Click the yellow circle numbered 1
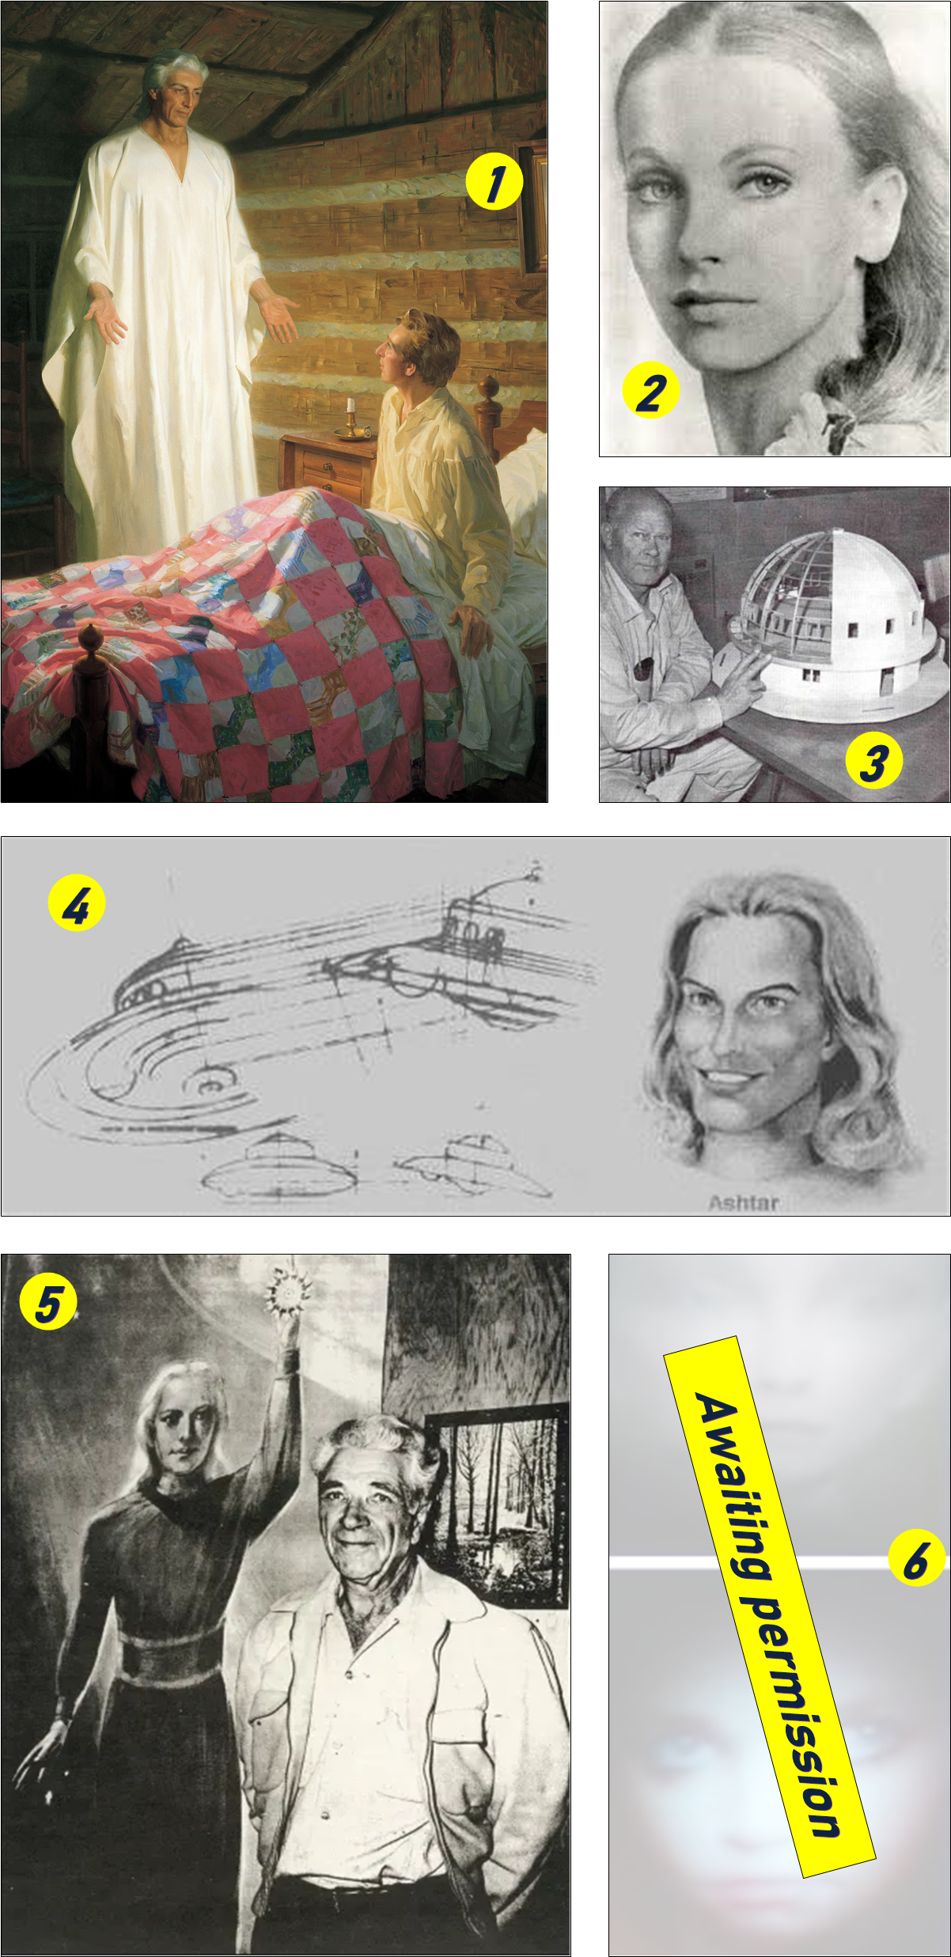point(494,182)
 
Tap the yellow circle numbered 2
point(651,391)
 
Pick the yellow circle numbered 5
point(48,1302)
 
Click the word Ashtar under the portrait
point(744,1203)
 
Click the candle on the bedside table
point(350,415)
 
